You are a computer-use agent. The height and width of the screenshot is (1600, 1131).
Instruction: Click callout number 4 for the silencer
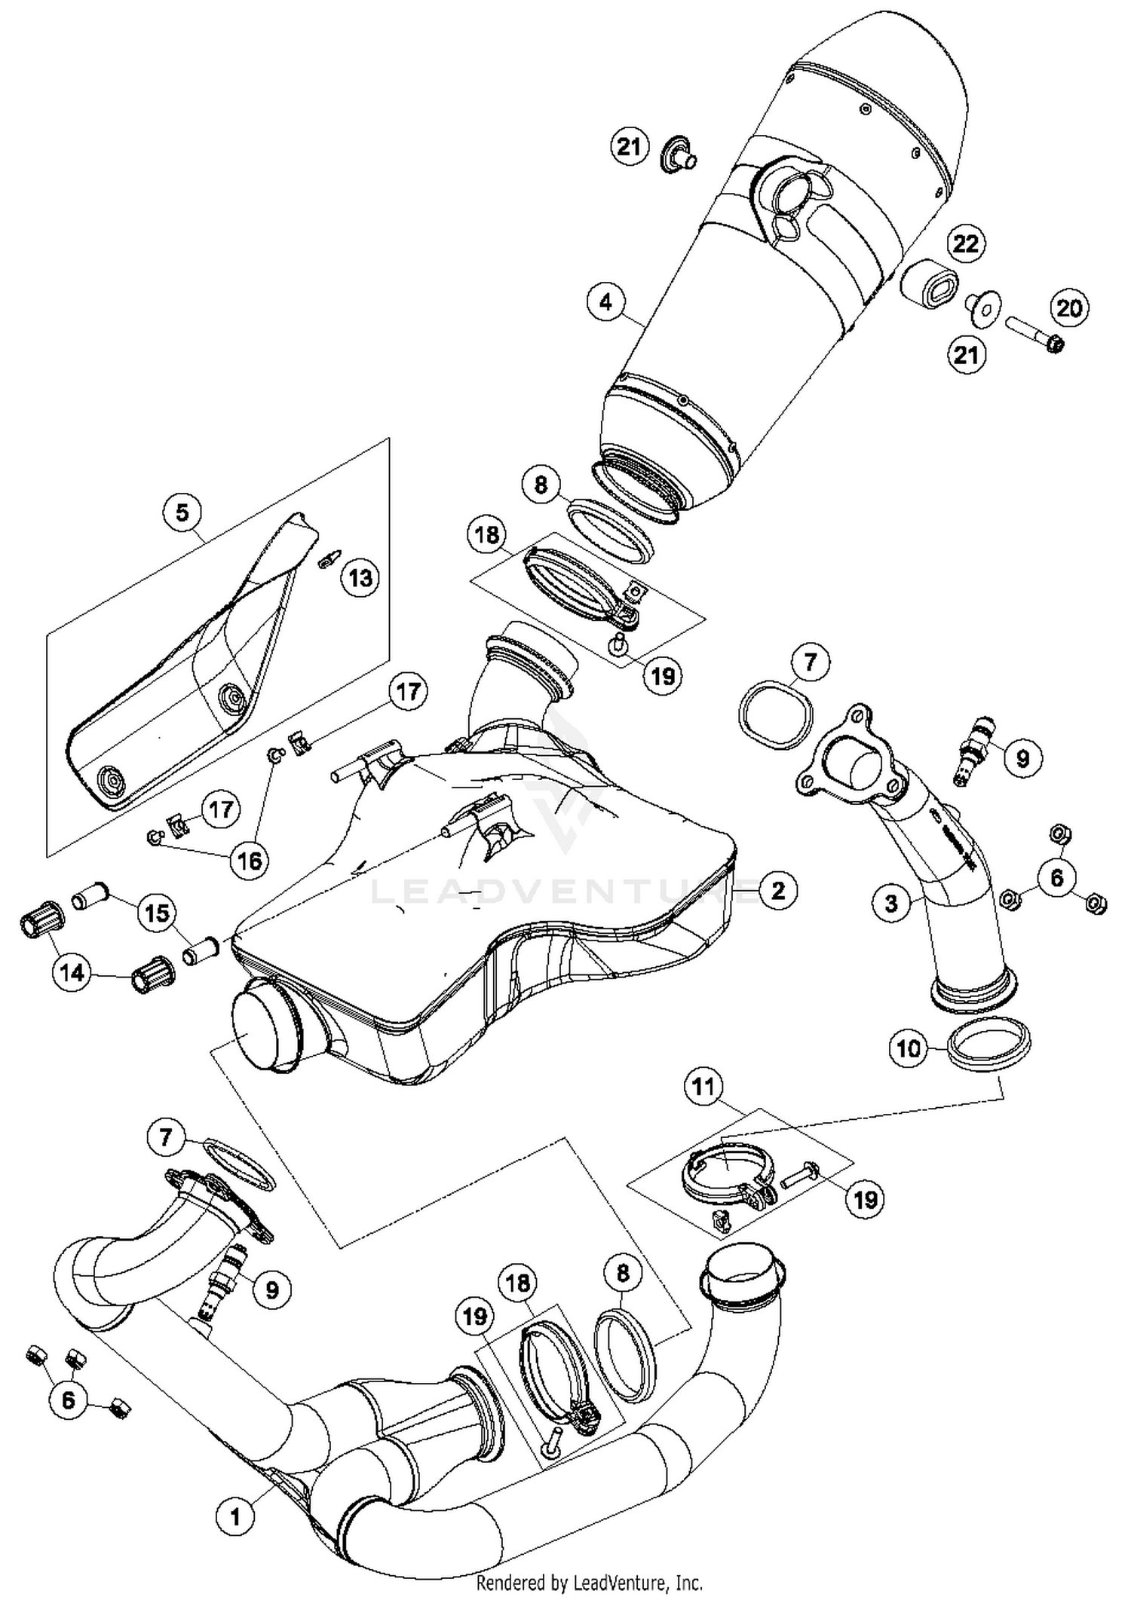607,301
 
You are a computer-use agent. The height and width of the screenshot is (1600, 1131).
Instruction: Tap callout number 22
966,243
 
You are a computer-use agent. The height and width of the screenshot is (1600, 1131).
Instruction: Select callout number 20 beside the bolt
1068,307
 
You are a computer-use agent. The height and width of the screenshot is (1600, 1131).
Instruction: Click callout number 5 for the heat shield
182,512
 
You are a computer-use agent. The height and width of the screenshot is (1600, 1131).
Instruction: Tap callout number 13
360,578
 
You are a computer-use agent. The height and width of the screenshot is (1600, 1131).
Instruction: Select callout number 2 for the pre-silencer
777,890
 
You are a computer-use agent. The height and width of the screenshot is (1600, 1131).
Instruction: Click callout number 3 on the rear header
891,902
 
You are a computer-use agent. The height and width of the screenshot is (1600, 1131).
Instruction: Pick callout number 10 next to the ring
909,1048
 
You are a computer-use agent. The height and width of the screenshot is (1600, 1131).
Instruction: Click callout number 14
72,973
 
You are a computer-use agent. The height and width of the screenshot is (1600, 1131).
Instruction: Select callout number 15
156,913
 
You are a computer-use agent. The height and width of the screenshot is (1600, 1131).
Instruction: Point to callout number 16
250,860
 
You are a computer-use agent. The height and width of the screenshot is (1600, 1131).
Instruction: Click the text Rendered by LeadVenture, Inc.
589,1582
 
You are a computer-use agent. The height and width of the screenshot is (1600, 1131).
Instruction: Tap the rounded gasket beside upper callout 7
775,715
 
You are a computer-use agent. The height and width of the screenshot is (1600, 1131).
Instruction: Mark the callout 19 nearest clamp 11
864,1198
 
